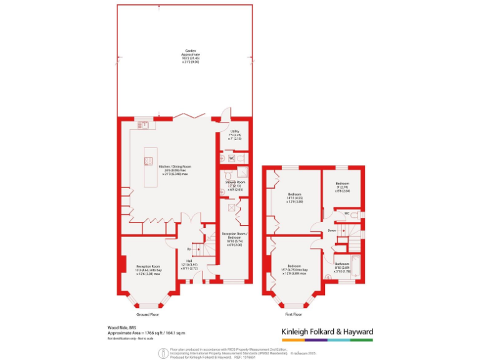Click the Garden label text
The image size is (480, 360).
185,56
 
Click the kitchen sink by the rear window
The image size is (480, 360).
144,125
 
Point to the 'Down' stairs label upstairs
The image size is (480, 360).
332,231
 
